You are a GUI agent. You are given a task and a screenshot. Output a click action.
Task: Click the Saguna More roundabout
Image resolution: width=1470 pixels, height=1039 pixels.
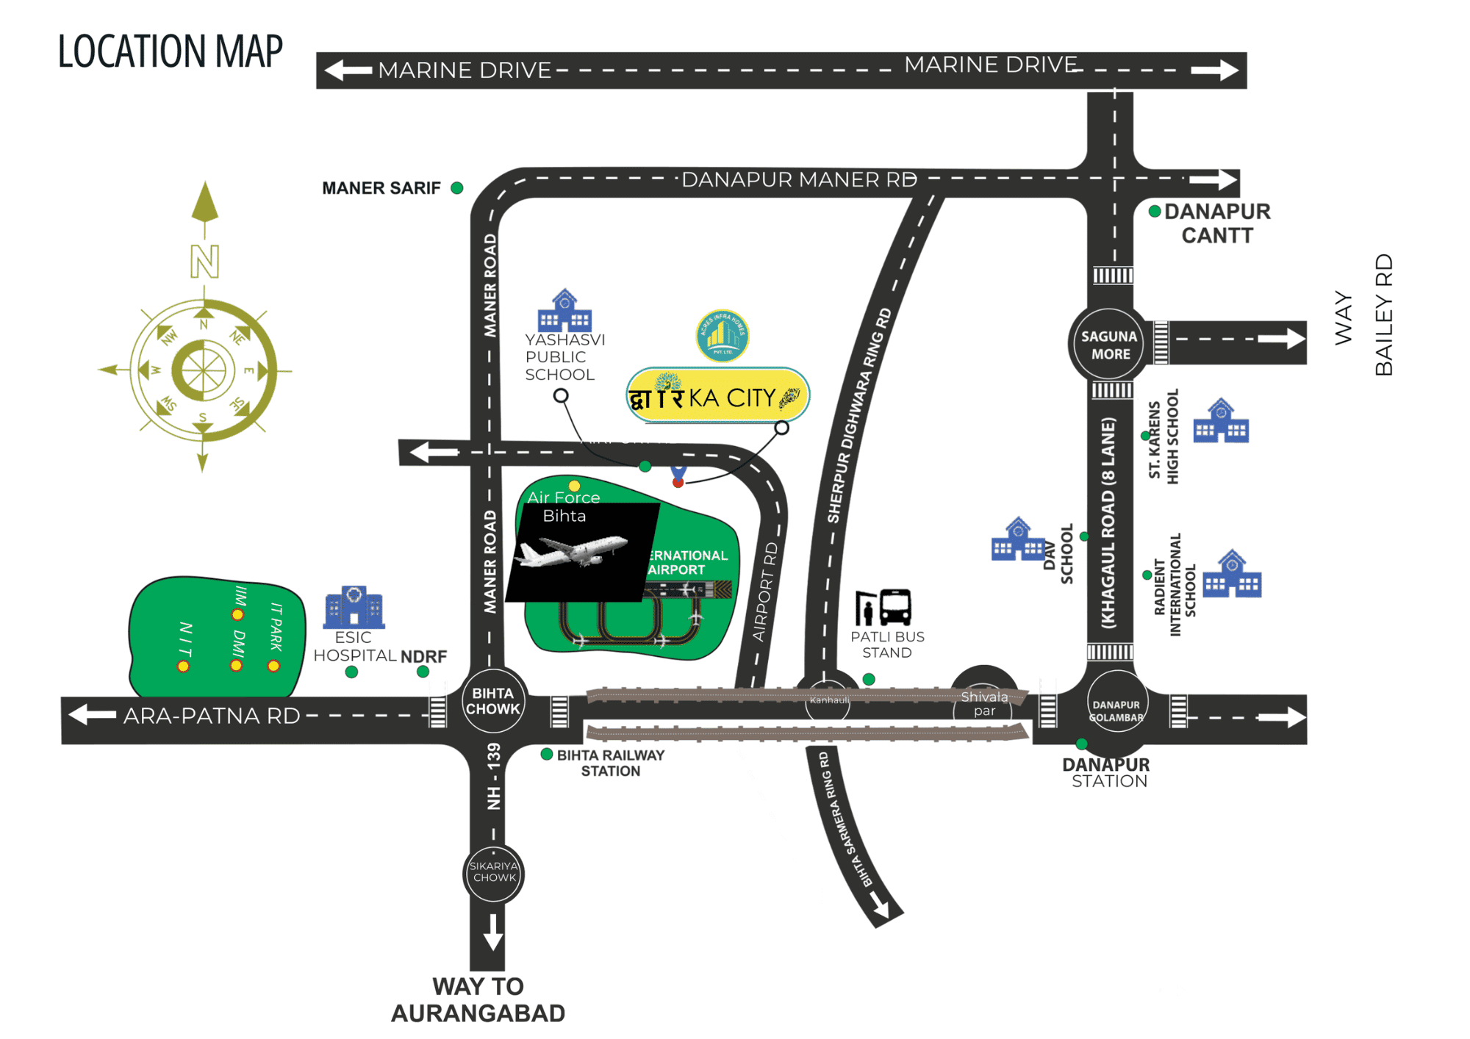click(1109, 344)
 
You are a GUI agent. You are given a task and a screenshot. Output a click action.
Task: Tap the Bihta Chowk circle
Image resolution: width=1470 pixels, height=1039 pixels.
click(493, 701)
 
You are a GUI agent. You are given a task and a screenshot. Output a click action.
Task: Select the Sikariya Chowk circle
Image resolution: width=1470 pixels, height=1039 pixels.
click(494, 872)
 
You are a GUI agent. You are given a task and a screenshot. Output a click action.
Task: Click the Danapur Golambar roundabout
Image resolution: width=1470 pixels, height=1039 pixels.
click(1116, 711)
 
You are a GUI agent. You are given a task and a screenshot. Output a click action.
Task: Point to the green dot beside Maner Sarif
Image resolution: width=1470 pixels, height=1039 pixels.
click(457, 188)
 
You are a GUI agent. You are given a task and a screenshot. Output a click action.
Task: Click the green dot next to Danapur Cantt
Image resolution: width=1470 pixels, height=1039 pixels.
click(1155, 212)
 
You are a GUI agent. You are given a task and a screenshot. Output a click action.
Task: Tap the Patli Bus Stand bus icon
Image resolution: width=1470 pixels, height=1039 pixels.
click(894, 607)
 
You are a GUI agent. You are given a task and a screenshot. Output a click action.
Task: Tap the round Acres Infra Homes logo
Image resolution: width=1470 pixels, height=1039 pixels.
click(723, 336)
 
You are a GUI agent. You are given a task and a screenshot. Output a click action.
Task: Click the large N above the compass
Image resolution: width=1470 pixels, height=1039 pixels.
click(204, 261)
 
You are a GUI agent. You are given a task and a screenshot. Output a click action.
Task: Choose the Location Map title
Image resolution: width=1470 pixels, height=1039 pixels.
click(171, 51)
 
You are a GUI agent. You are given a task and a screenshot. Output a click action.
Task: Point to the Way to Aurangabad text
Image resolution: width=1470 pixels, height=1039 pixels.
click(478, 999)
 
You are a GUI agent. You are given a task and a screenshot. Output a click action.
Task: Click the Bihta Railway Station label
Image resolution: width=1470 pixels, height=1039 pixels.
click(610, 763)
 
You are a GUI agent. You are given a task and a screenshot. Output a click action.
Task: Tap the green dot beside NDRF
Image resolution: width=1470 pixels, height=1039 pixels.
click(423, 672)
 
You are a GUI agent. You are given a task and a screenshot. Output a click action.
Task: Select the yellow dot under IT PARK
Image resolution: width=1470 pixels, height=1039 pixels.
click(273, 666)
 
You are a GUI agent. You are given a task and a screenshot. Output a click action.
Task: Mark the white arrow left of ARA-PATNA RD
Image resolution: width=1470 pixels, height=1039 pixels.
click(92, 714)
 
